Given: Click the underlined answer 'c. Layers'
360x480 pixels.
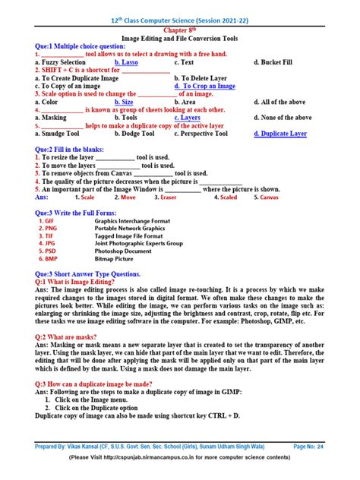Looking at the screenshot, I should [187, 118].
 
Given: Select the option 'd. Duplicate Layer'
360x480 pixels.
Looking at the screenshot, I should [280, 134].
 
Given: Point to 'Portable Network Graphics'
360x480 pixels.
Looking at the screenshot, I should [130, 229].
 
